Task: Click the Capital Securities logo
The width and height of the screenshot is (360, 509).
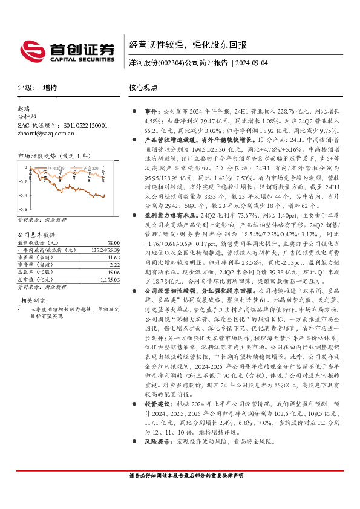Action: pos(67,50)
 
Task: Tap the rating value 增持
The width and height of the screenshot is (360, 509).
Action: pos(51,88)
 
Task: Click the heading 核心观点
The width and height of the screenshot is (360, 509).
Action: pos(143,88)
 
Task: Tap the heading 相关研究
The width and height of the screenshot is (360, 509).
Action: pos(33,283)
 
